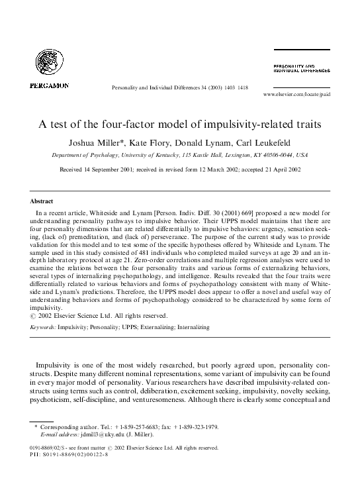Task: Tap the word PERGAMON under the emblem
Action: coord(49,85)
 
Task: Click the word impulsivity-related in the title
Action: coord(249,124)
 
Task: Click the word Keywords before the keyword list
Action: coord(43,326)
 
